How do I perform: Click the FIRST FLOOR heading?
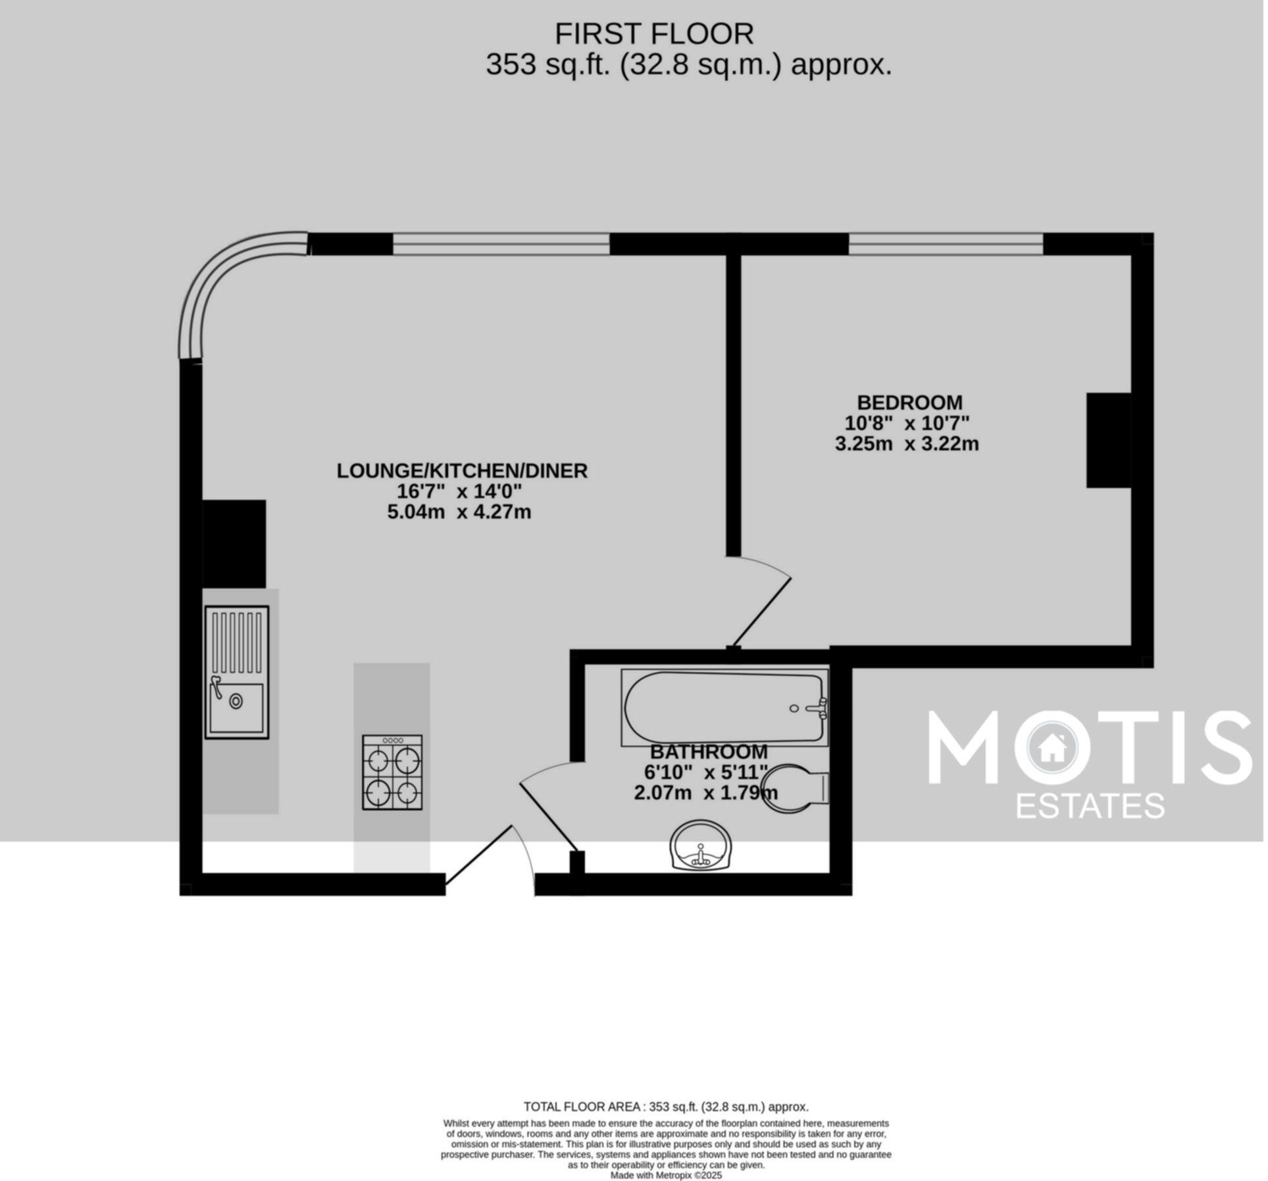coord(655,34)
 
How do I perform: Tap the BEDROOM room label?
coord(911,402)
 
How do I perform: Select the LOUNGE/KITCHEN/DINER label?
coord(463,471)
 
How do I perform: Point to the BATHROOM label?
coord(710,752)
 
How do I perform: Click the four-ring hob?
coord(393,773)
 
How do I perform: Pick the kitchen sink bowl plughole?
coord(236,702)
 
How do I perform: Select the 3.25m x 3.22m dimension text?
coord(909,445)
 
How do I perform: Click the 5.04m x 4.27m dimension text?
coord(460,512)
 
